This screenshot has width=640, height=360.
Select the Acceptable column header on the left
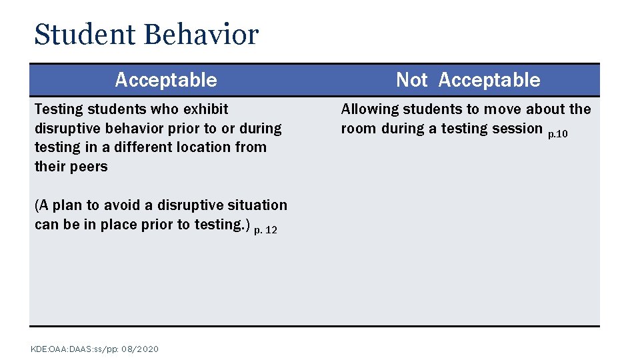(166, 80)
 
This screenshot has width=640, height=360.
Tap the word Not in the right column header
(411, 80)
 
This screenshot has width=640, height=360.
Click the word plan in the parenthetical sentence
(71, 205)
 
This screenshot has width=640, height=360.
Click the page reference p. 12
(265, 230)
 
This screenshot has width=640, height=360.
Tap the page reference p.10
(557, 134)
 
